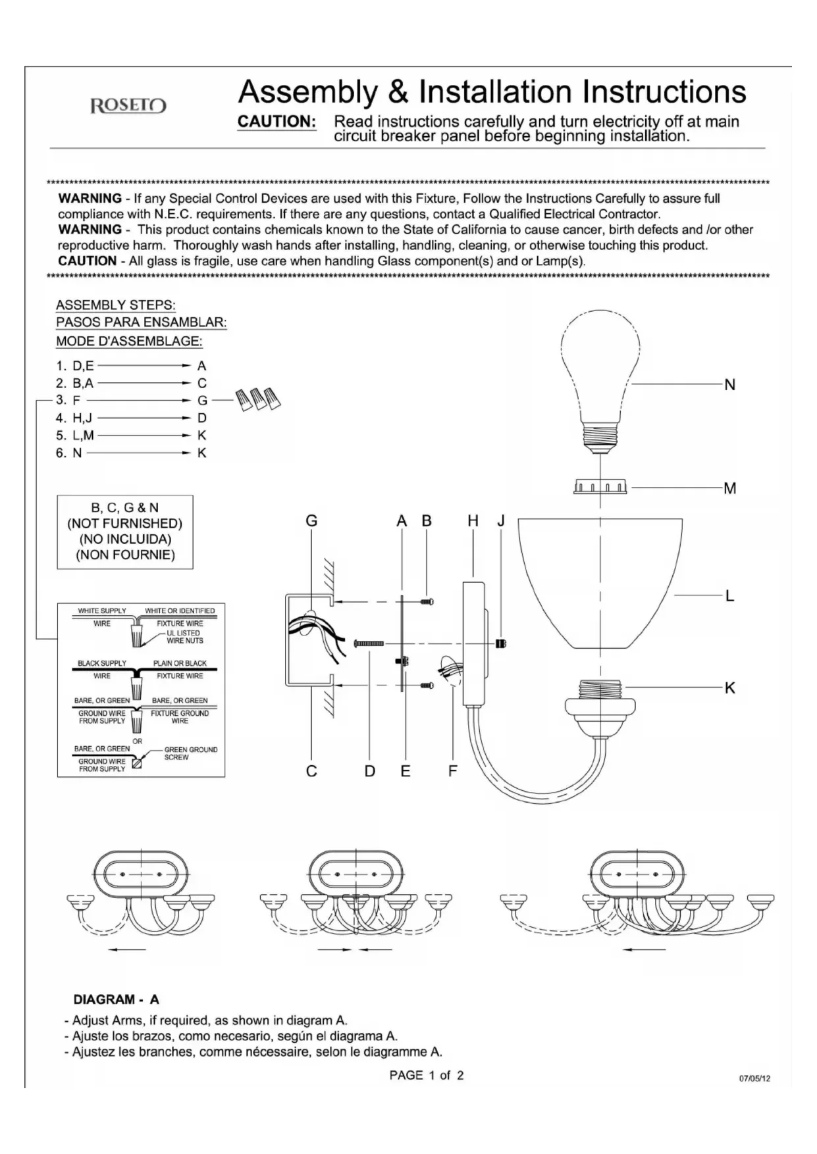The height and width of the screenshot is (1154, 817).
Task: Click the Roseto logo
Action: (128, 106)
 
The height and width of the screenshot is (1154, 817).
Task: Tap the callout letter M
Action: (729, 488)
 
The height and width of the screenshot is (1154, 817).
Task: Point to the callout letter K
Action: (729, 688)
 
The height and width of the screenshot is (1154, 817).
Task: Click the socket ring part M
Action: (600, 488)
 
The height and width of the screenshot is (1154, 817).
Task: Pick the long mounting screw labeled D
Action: (369, 643)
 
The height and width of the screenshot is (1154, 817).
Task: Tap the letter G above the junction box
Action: (311, 521)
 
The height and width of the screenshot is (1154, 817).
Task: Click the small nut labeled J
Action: (501, 643)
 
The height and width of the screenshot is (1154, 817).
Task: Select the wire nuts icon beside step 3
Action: (259, 399)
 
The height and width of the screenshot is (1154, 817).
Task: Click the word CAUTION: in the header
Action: (277, 122)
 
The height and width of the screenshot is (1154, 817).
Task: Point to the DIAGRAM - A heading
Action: (116, 999)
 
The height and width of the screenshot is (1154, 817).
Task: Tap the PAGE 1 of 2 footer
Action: (427, 1075)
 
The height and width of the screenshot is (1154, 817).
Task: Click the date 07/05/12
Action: (754, 1078)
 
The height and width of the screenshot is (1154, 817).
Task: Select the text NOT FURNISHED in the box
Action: (124, 524)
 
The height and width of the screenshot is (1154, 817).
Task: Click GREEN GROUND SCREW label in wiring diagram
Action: (190, 753)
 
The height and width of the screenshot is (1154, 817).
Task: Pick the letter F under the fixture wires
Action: (452, 771)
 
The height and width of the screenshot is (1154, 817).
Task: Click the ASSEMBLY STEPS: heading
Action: (116, 305)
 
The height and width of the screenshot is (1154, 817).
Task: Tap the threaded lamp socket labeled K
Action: (600, 701)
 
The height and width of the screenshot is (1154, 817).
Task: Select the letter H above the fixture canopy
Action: (473, 521)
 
